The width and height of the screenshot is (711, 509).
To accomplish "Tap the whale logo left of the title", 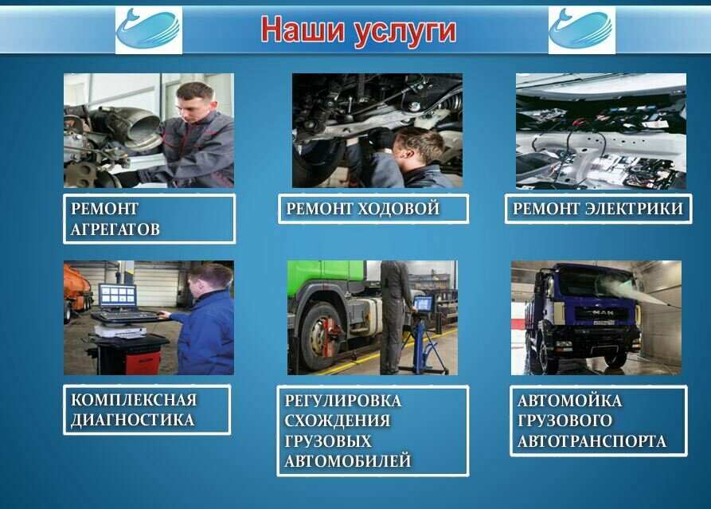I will click(149, 30).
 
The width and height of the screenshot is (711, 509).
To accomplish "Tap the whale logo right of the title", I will click(581, 30).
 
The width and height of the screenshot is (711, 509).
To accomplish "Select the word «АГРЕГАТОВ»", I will click(115, 229).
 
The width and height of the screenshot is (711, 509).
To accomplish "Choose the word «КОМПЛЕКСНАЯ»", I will click(133, 399).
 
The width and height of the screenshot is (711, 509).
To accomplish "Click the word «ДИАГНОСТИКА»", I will click(132, 420).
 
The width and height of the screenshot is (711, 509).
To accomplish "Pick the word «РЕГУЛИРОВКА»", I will click(343, 400).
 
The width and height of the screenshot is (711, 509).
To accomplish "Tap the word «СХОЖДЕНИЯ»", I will click(338, 421).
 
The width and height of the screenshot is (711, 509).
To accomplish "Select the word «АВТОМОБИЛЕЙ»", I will click(348, 460).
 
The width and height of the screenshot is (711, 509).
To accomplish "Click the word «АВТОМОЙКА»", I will click(569, 401).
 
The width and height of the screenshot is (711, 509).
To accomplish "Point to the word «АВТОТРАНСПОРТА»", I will click(592, 441).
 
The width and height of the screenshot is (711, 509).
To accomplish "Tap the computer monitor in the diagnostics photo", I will click(118, 297).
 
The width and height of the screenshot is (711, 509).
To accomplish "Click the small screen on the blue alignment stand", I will click(424, 304).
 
